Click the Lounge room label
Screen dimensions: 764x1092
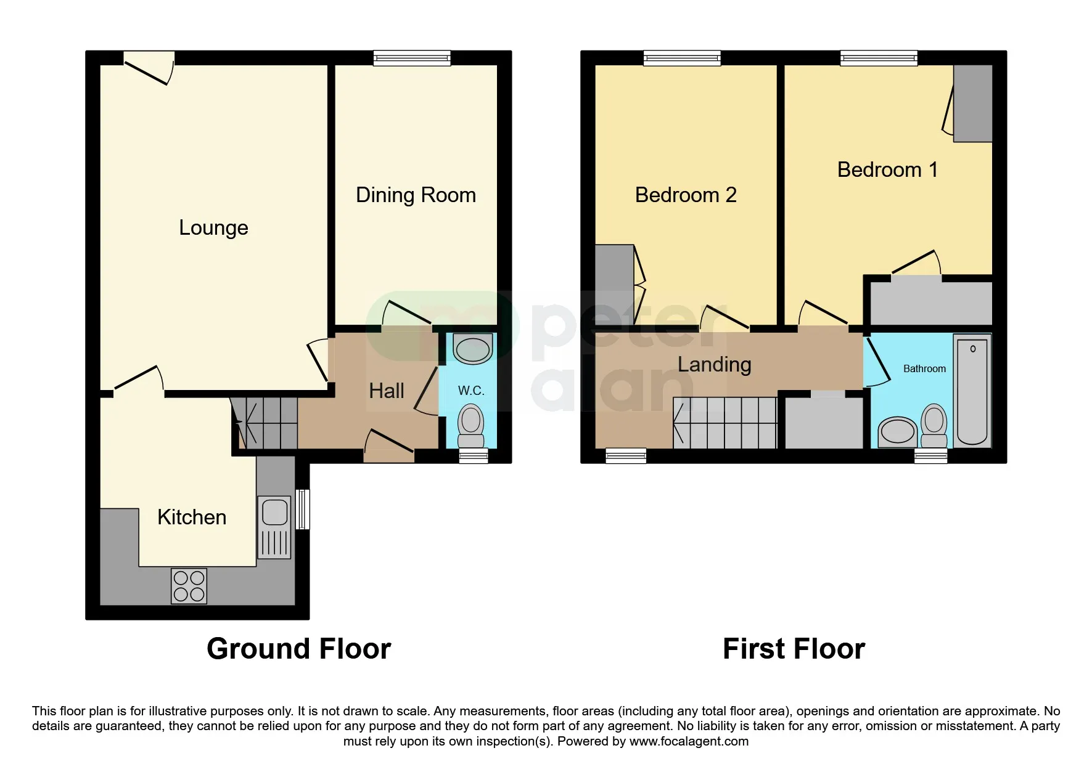click(x=213, y=228)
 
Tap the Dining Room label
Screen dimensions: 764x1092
click(x=416, y=195)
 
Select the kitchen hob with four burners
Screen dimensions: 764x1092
click(x=189, y=586)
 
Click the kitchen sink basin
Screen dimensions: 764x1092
click(x=274, y=512)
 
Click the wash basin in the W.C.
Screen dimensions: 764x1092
click(x=472, y=349)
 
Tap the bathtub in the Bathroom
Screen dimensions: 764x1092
click(x=972, y=390)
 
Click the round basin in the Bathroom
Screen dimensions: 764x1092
click(x=898, y=431)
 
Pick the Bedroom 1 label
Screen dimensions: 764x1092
click(x=887, y=170)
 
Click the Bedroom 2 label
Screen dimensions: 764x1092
click(x=686, y=195)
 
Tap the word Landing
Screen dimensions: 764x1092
click(x=714, y=365)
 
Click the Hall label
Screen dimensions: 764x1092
click(x=386, y=391)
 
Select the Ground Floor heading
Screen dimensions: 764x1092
click(x=298, y=649)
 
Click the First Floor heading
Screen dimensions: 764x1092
click(x=794, y=649)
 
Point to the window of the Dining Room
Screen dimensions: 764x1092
click(x=412, y=59)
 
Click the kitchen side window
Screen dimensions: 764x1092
click(x=302, y=509)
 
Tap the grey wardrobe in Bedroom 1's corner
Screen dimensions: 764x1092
click(x=972, y=104)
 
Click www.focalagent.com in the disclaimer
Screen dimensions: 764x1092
click(x=689, y=741)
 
